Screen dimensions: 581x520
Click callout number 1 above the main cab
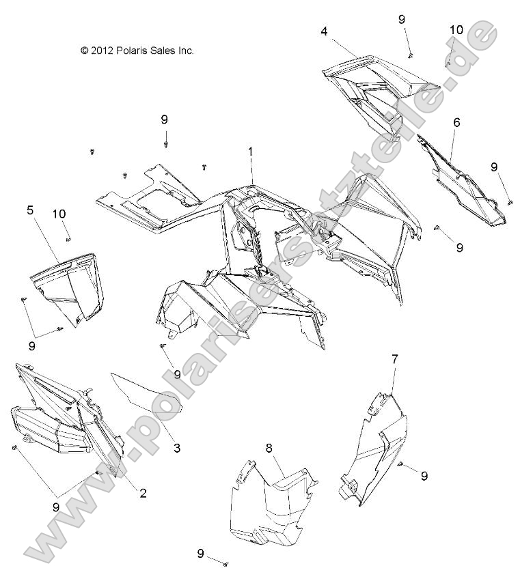click(x=250, y=150)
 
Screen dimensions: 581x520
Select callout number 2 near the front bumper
click(x=143, y=493)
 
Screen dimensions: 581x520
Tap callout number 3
click(x=176, y=449)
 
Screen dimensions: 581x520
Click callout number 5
click(x=30, y=210)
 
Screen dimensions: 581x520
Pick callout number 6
click(x=456, y=122)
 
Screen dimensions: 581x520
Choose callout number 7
click(x=395, y=358)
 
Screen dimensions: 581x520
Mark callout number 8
click(x=269, y=448)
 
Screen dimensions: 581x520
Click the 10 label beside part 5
click(x=59, y=214)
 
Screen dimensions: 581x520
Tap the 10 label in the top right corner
click(x=456, y=29)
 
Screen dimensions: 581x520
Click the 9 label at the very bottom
click(x=201, y=553)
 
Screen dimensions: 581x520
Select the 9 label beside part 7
click(x=424, y=475)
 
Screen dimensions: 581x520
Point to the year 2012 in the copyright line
click(x=102, y=50)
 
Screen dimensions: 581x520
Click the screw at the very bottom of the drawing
click(x=226, y=565)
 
